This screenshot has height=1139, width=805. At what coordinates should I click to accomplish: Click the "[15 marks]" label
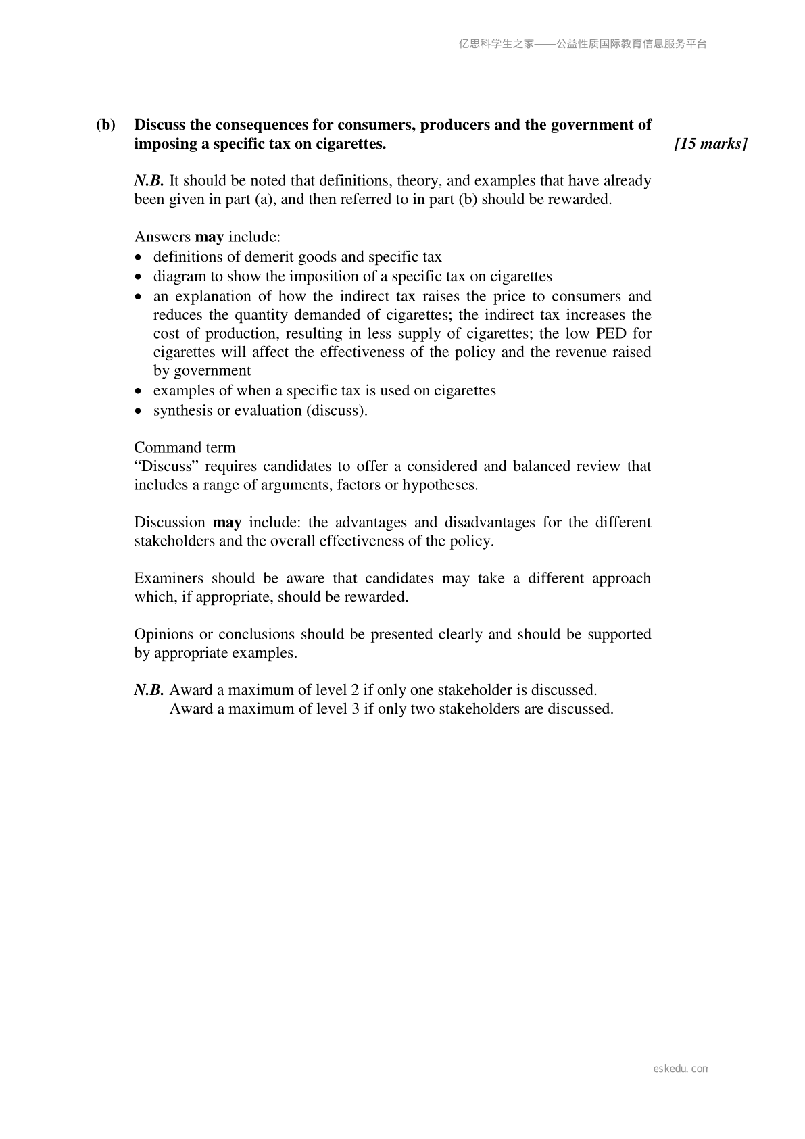710,144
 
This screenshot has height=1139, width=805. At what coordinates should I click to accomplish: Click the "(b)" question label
105,125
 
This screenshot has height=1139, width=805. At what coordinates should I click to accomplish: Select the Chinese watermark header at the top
583,44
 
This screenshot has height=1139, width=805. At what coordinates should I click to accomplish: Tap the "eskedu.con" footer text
681,1069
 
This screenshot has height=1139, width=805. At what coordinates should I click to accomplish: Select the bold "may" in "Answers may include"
210,237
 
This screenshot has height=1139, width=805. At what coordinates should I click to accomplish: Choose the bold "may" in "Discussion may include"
227,523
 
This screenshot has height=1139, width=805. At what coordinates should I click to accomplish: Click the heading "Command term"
185,447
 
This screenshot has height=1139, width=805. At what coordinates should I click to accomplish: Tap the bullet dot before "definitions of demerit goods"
139,258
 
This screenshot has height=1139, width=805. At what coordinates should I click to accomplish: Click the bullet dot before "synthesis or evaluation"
139,411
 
